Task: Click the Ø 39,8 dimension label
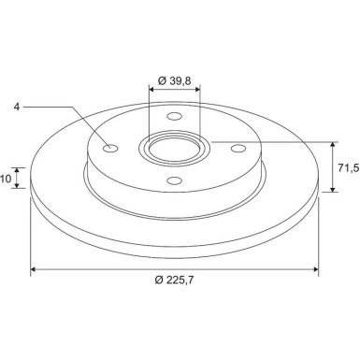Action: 174,80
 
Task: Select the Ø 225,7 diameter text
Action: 174,280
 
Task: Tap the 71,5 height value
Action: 349,168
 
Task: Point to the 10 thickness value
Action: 6,179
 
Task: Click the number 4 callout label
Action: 17,107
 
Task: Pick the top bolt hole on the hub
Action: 174,116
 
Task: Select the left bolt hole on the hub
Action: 110,149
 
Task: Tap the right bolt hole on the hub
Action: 238,149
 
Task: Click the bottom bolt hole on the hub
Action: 174,180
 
